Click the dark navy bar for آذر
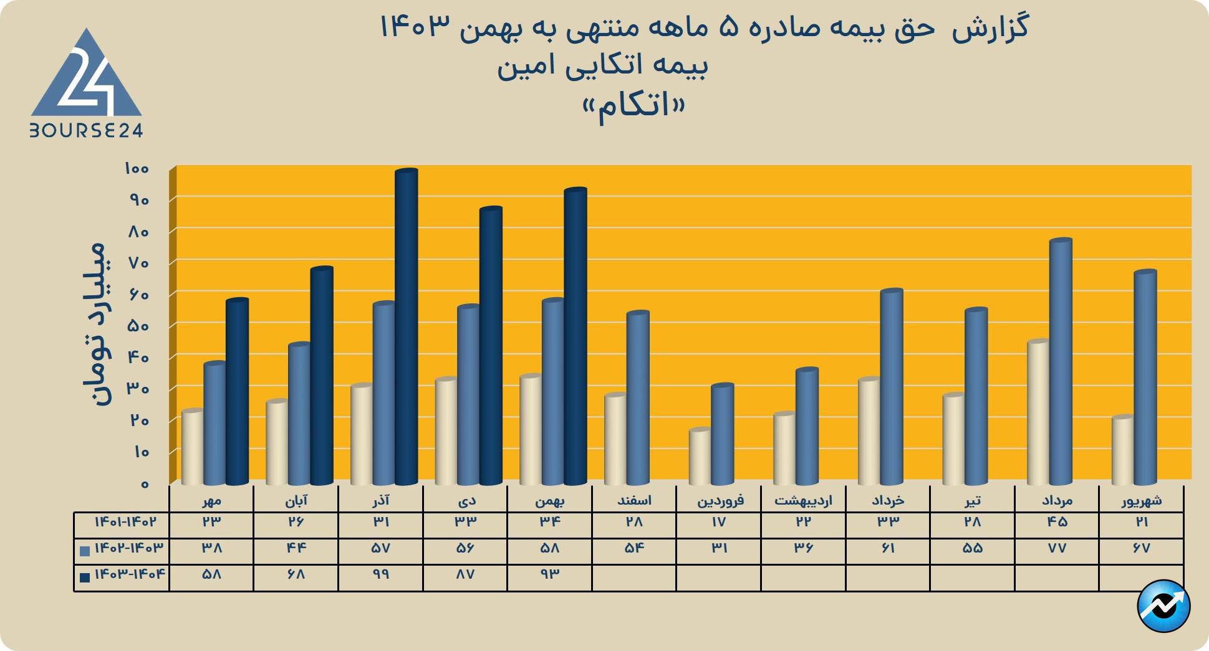407,327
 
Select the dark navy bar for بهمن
576,336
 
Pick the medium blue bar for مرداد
1061,361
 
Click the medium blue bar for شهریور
1145,377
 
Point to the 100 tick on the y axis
137,168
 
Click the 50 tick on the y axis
138,326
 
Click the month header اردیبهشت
803,500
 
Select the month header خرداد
888,500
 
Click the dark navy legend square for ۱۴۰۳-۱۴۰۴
85,577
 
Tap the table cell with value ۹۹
380,574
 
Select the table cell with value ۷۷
1057,548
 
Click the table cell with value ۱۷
718,522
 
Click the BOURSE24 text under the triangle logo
87,130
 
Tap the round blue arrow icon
1163,606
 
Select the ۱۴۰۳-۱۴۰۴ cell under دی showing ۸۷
465,574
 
